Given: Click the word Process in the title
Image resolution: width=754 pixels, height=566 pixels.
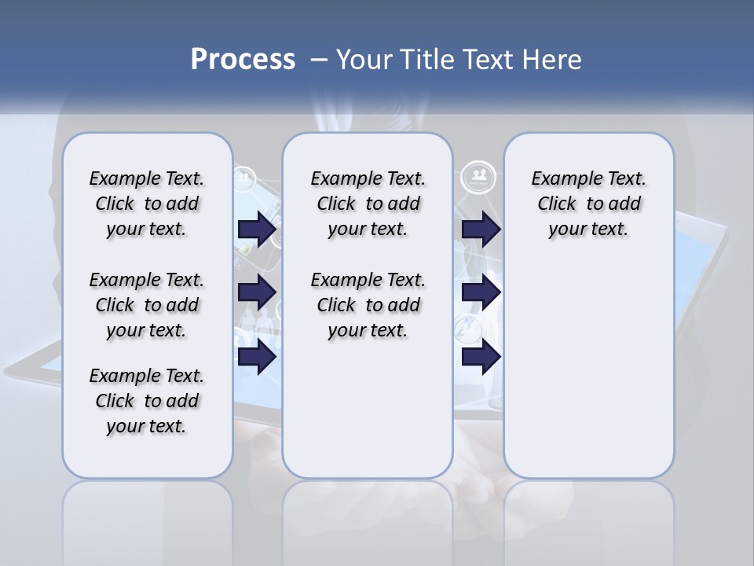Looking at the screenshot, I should pos(243,60).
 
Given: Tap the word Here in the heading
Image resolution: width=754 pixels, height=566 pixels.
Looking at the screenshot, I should pos(552,60).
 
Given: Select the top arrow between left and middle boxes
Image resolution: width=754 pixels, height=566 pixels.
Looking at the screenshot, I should pos(256,229).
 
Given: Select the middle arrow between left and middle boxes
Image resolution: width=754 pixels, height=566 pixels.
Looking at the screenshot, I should pos(256,292).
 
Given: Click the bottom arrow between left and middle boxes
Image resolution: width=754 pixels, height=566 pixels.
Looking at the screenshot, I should pos(256,357).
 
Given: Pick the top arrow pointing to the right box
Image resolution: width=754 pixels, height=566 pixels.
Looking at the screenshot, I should pos(481,229).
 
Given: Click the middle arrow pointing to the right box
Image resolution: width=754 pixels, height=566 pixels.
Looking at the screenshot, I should pos(481,292).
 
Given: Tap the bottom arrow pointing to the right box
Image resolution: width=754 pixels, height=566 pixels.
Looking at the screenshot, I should pos(481,357).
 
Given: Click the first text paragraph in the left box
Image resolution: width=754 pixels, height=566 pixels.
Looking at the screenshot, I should pos(147,204).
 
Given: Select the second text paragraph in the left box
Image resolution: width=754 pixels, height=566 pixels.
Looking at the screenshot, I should pos(147,305).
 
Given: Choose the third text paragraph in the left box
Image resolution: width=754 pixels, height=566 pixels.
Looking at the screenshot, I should pos(147,401).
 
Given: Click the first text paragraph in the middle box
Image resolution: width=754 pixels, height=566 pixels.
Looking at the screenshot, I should pos(368,204).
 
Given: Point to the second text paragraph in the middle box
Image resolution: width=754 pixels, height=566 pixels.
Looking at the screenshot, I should pos(368,305).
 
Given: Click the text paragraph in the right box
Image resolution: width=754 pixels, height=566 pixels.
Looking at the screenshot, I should pos(588,204).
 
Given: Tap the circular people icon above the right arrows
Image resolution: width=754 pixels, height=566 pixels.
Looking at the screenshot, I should pos(478,175).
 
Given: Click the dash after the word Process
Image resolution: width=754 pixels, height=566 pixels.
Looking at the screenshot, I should pos(319,60).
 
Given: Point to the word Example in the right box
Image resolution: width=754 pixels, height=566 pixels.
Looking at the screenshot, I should pos(560,179).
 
